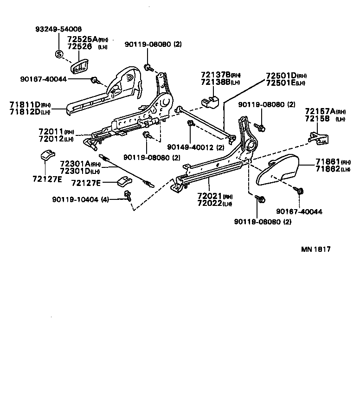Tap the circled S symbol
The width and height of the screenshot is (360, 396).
(x=59, y=53)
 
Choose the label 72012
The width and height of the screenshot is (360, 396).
(x=51, y=139)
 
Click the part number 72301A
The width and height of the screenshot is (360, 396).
(x=75, y=164)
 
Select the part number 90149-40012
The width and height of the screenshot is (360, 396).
(x=189, y=147)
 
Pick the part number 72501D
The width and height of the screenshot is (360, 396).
(x=281, y=76)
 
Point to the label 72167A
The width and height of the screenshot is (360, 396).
(x=320, y=112)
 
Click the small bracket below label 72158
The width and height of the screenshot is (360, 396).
(x=319, y=136)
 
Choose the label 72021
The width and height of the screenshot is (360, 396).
(x=209, y=196)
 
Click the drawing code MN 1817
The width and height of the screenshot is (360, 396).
(x=315, y=249)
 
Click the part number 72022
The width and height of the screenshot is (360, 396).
(x=209, y=203)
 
